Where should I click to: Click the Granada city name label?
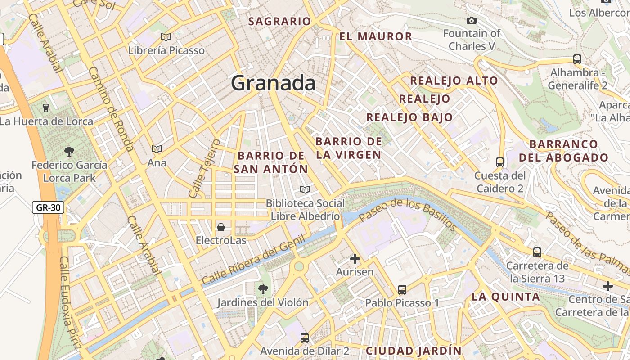tap(273, 83)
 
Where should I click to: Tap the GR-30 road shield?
tap(48, 207)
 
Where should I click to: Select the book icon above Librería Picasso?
tap(166, 37)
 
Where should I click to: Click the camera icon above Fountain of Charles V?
tap(472, 20)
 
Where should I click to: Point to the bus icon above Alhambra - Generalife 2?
tap(577, 59)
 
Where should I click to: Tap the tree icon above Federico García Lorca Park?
tap(69, 151)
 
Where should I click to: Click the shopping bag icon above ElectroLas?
tap(221, 227)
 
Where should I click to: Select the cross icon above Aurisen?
tap(355, 259)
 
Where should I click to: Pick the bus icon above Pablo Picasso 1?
tap(402, 289)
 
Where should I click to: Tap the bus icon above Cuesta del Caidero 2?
tap(499, 162)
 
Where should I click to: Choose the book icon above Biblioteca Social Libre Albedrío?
tap(305, 190)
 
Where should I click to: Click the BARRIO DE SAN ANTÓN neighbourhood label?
tap(271, 162)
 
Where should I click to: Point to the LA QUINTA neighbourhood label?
tap(505, 297)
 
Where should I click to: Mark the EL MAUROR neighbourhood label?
tap(376, 36)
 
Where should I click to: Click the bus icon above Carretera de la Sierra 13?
tap(537, 252)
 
